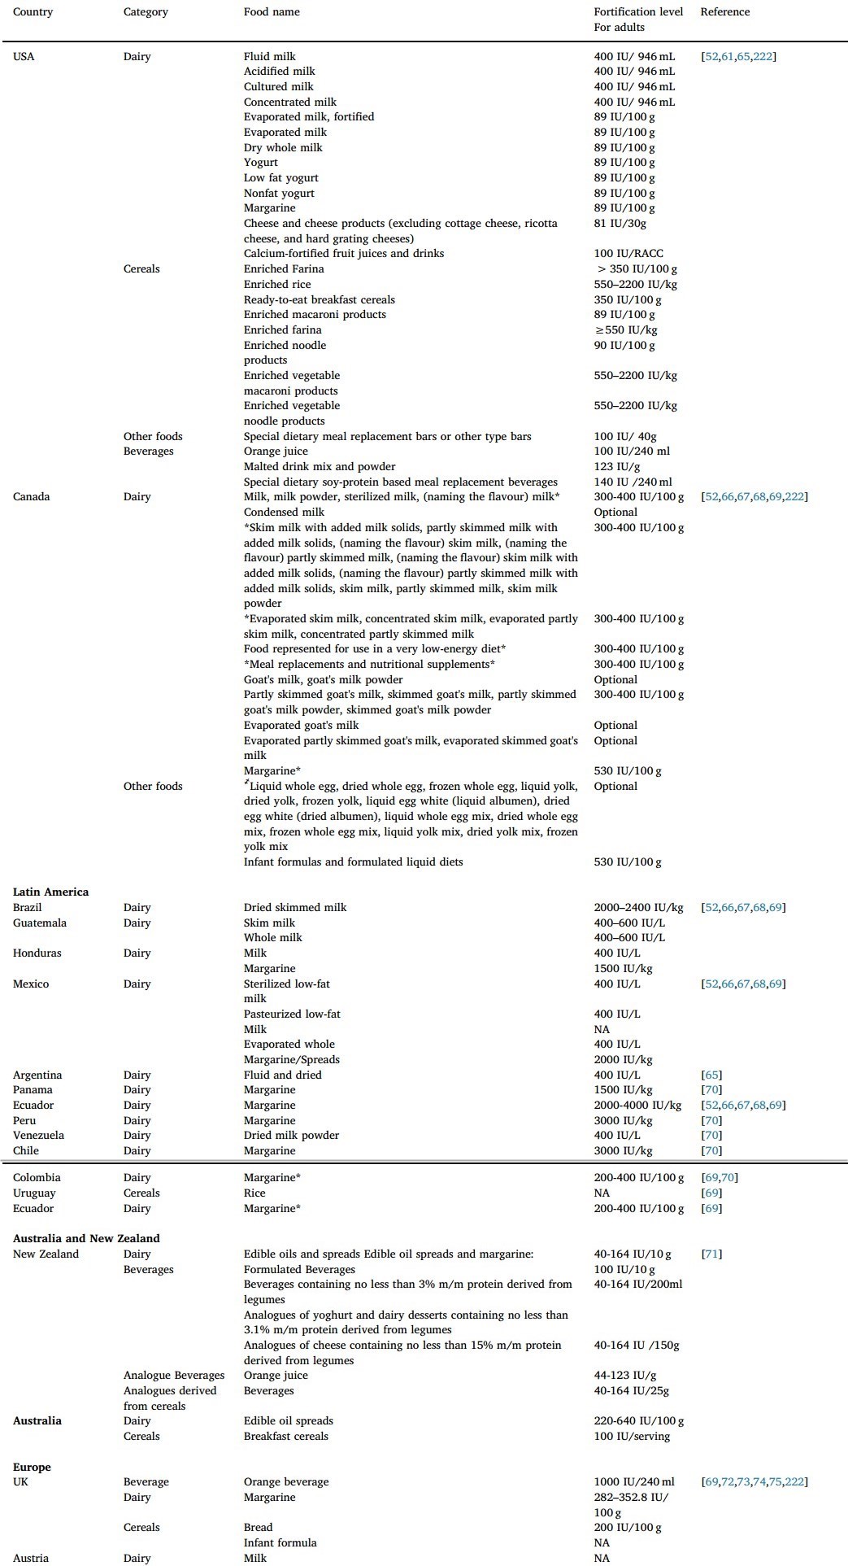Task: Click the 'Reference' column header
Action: click(724, 12)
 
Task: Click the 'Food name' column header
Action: click(272, 12)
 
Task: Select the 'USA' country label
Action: click(24, 57)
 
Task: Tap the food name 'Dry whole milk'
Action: click(283, 148)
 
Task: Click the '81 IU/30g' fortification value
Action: click(620, 224)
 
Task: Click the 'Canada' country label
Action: click(31, 497)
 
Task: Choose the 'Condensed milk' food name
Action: click(284, 513)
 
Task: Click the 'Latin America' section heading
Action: click(50, 892)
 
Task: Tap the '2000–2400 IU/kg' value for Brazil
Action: click(638, 908)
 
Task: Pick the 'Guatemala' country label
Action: click(40, 923)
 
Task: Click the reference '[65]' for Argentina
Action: click(711, 1075)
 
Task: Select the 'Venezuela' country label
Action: click(38, 1136)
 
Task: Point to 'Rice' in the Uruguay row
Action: click(254, 1193)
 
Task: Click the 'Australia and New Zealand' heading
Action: click(86, 1239)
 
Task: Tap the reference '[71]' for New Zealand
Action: click(711, 1254)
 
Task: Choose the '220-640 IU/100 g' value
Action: click(638, 1421)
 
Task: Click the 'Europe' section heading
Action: click(32, 1468)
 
